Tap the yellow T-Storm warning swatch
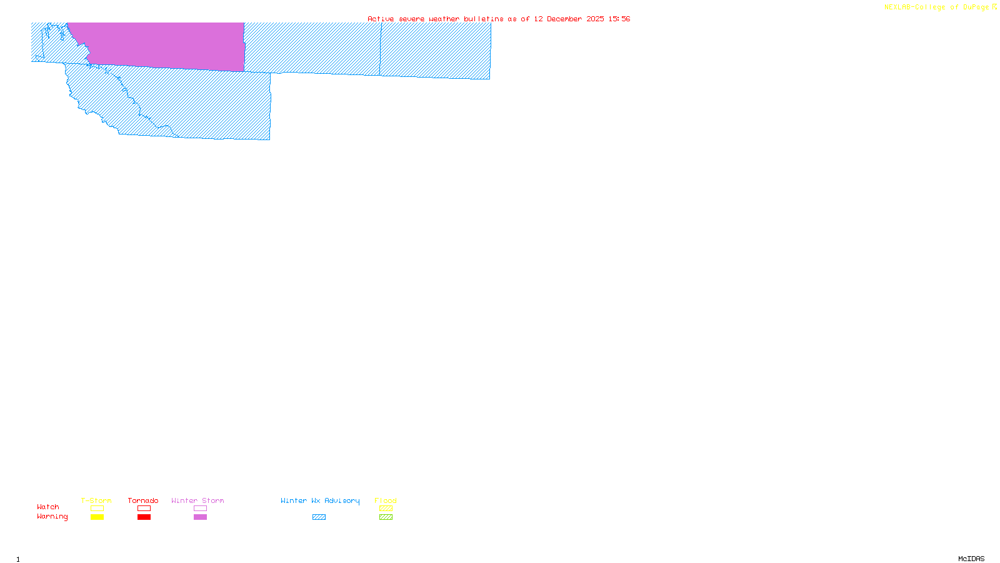[x=97, y=517]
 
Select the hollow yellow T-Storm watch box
[x=97, y=509]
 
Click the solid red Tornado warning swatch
[x=144, y=517]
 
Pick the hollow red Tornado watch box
[x=144, y=509]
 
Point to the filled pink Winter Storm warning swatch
[x=200, y=517]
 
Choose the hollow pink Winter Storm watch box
[x=200, y=509]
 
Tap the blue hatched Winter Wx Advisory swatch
[x=319, y=517]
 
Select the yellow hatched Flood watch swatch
[x=386, y=509]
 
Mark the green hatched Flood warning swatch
[x=386, y=517]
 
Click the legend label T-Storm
[x=96, y=500]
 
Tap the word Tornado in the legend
[x=143, y=500]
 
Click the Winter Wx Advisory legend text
[x=320, y=500]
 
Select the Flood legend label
[x=386, y=500]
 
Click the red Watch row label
[x=48, y=507]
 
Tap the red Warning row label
[x=52, y=517]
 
